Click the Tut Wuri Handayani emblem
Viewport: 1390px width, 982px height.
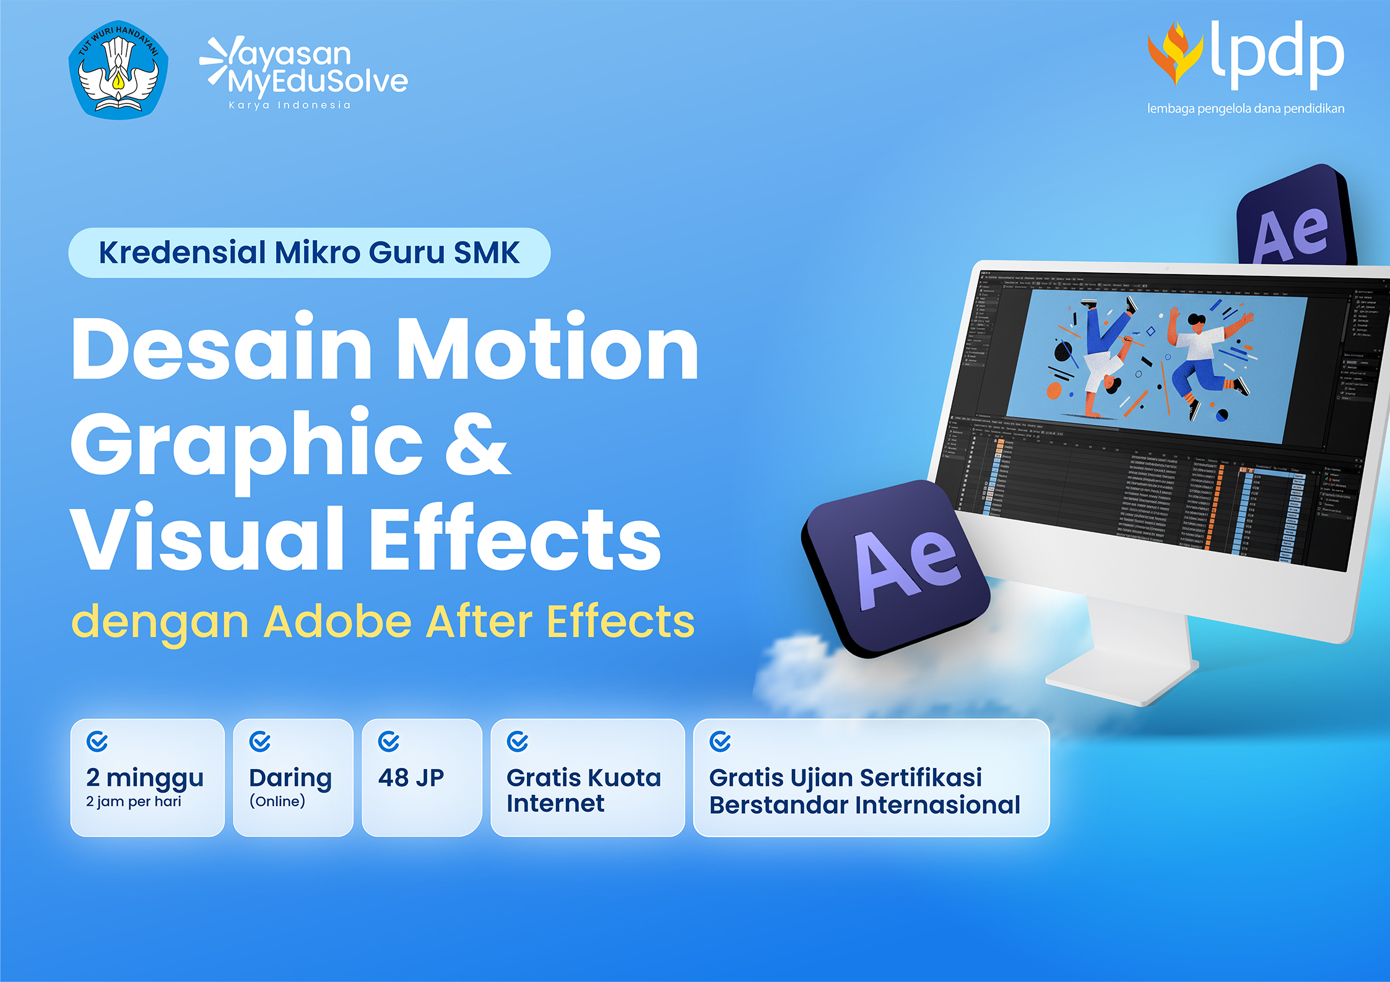[x=118, y=70]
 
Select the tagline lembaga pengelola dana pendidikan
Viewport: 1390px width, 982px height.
[x=1245, y=109]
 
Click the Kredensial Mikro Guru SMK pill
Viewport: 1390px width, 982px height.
[x=309, y=252]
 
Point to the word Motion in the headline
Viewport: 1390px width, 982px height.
[x=547, y=350]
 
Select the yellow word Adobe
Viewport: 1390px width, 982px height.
[x=337, y=621]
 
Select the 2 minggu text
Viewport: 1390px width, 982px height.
[x=145, y=778]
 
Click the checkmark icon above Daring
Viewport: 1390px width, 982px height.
[x=259, y=741]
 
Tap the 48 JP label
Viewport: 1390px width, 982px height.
[x=411, y=778]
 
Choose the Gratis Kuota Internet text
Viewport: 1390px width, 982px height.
[x=583, y=790]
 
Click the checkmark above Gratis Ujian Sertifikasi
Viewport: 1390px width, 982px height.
[x=720, y=741]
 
